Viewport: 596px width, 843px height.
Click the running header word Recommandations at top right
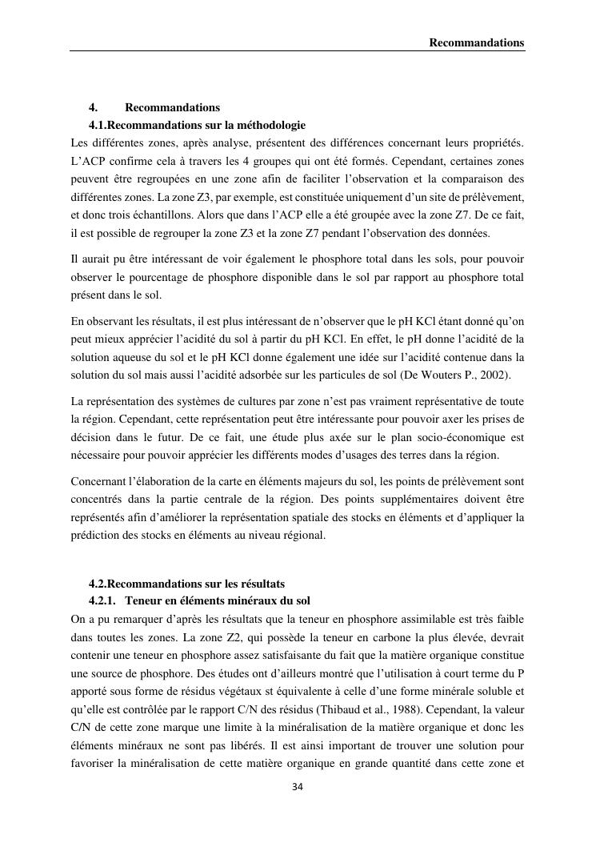tap(477, 42)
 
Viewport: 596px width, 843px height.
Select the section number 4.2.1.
tap(103, 600)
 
